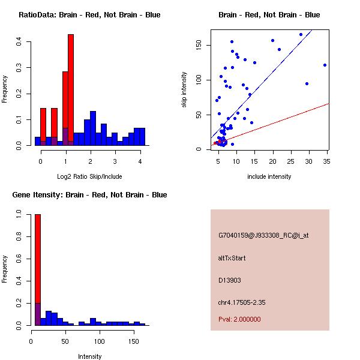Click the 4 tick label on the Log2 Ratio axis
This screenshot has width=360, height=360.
(140, 161)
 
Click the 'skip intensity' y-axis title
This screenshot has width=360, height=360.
(184, 90)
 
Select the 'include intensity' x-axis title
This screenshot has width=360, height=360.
(269, 176)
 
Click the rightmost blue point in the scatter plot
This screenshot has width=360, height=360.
(325, 65)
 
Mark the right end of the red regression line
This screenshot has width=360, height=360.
(329, 103)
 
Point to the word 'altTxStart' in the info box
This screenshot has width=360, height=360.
(232, 258)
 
